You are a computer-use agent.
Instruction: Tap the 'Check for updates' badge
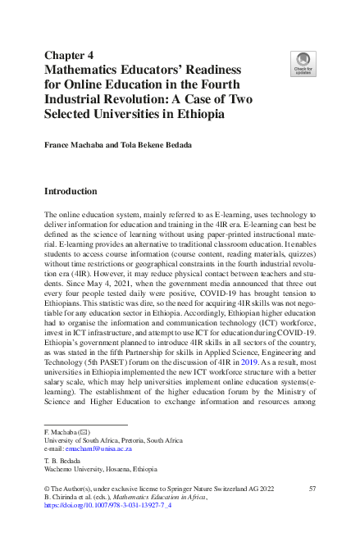pos(303,63)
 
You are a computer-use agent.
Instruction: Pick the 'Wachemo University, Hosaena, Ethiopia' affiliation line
pos(99,471)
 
